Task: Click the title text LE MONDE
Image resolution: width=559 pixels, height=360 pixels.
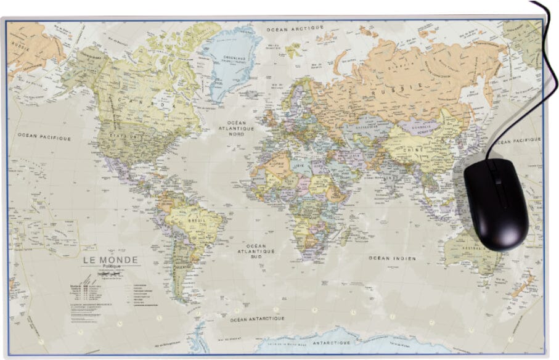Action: tap(111, 260)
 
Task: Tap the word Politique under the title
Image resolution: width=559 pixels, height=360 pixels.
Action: tap(111, 268)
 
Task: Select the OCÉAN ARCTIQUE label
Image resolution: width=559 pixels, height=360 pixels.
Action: tap(295, 28)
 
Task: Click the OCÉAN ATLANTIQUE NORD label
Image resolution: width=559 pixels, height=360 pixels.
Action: tap(237, 128)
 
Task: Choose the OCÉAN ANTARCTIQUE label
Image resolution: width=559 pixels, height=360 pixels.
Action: tap(257, 319)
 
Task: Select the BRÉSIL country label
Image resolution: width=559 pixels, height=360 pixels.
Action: tap(195, 220)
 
